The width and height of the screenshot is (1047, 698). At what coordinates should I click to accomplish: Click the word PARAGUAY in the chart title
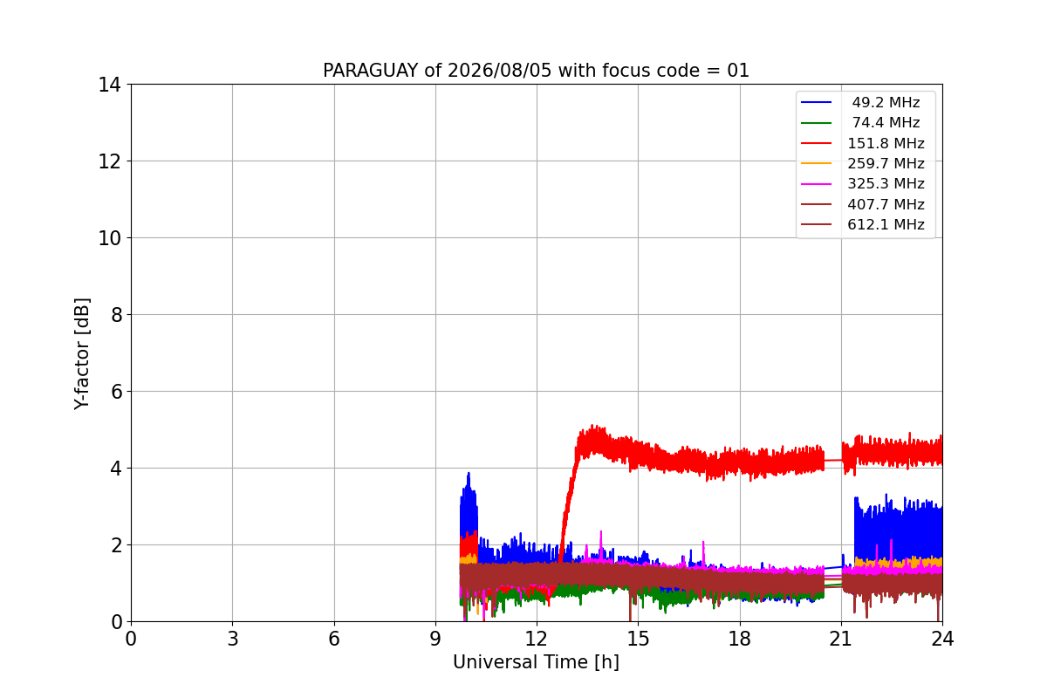point(371,71)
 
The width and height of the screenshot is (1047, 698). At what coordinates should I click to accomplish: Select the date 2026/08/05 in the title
point(499,71)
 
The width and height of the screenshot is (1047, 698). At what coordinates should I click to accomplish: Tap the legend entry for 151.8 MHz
point(862,143)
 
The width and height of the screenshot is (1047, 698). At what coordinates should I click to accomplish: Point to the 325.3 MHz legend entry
point(862,184)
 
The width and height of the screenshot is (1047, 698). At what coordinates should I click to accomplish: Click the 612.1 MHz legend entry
point(862,224)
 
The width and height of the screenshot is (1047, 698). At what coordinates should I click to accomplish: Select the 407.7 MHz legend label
point(886,204)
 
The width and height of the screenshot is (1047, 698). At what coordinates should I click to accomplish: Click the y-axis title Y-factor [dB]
point(81,354)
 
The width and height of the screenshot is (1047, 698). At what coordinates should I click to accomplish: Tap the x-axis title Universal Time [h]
point(536,662)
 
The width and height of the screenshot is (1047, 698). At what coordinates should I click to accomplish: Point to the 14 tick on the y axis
point(109,86)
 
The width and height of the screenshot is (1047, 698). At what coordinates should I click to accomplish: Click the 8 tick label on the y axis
point(116,315)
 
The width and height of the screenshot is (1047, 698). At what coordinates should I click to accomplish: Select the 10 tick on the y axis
point(109,238)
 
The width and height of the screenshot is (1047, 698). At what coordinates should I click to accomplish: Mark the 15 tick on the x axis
point(638,639)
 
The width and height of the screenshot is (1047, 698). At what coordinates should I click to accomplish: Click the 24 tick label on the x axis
point(942,639)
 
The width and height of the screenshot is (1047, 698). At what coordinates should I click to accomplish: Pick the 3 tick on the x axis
point(232,639)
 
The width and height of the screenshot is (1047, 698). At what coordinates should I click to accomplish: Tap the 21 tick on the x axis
point(841,639)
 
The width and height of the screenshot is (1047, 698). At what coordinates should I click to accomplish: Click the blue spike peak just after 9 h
point(469,474)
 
